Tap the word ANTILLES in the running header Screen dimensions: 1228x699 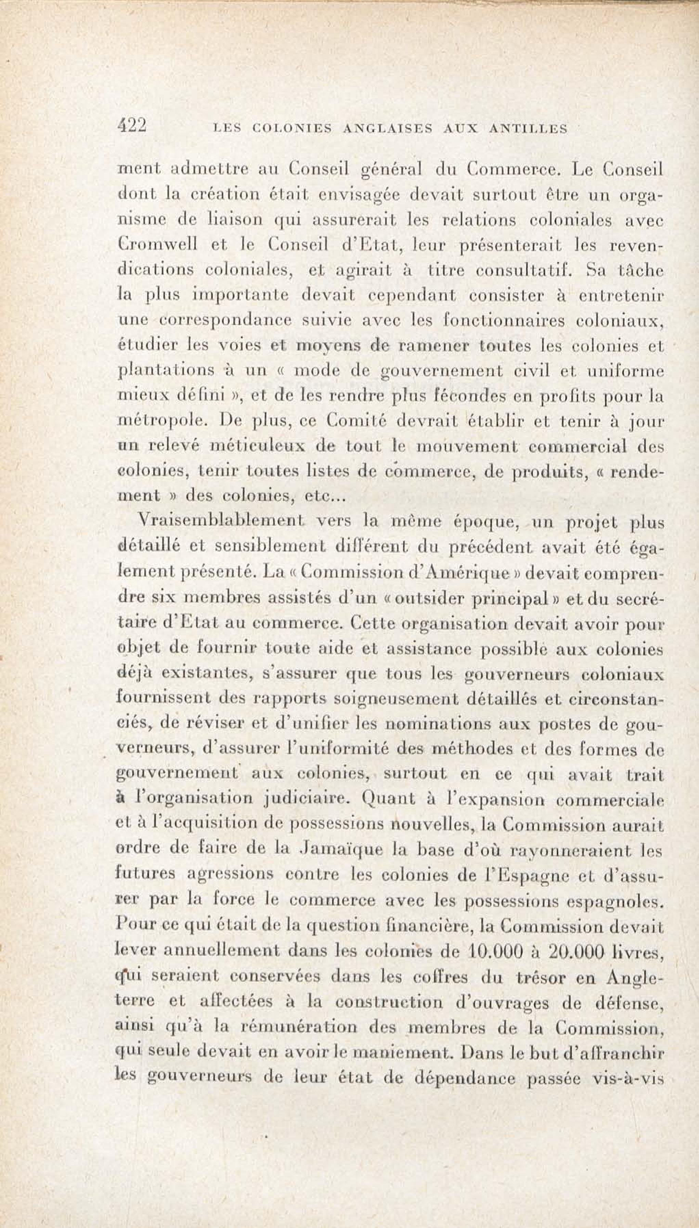(x=528, y=129)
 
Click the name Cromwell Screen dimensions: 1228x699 (x=157, y=245)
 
